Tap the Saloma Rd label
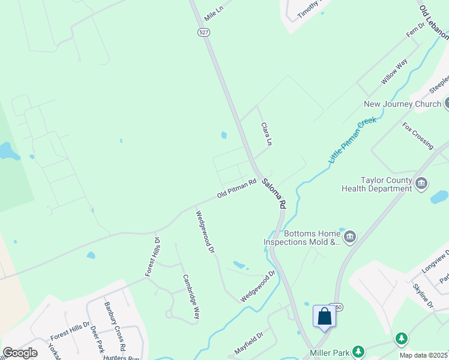click(x=273, y=193)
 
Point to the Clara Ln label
click(x=267, y=134)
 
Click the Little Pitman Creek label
click(x=352, y=140)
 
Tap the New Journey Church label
click(x=402, y=104)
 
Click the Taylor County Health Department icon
click(x=421, y=183)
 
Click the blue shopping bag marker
click(x=324, y=316)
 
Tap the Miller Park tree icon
click(x=358, y=351)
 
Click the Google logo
click(x=20, y=353)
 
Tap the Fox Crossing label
click(x=418, y=136)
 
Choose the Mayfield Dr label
click(x=249, y=344)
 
